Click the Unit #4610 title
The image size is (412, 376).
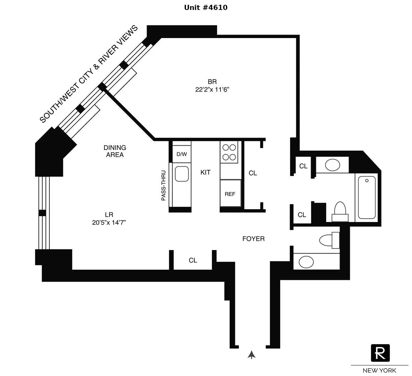coord(206,8)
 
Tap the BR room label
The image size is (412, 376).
coord(212,82)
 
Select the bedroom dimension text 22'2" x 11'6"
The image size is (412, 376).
coord(212,90)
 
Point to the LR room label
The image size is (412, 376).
coord(109,215)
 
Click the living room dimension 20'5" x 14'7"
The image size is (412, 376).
coord(109,223)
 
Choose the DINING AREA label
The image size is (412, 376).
coord(115,151)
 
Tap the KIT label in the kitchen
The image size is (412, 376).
coord(205,172)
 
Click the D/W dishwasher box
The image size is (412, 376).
coord(182,154)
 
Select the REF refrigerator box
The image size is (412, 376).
coord(230,194)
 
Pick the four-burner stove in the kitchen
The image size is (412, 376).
coord(229,152)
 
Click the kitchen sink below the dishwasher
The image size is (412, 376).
coord(182,174)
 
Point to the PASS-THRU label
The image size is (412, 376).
coord(163,186)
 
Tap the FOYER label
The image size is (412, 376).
coord(253,239)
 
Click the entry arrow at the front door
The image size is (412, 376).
coord(252,355)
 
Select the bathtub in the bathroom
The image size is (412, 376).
coord(367,197)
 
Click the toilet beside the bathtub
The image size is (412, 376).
coord(340,210)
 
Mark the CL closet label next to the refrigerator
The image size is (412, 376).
coord(253,173)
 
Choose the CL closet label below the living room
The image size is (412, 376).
coord(193,260)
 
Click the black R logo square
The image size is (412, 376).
coord(380,353)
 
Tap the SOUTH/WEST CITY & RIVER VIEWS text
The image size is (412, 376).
coord(89,74)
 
